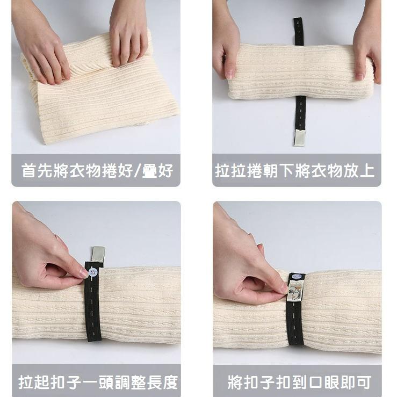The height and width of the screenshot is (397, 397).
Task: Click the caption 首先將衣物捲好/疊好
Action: tap(97, 171)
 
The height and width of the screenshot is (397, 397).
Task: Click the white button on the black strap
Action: tap(93, 272)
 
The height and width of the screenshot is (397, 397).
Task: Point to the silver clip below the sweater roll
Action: tap(300, 138)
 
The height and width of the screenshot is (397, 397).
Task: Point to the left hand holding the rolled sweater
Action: tap(226, 48)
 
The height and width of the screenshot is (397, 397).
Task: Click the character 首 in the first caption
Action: tap(28, 171)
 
